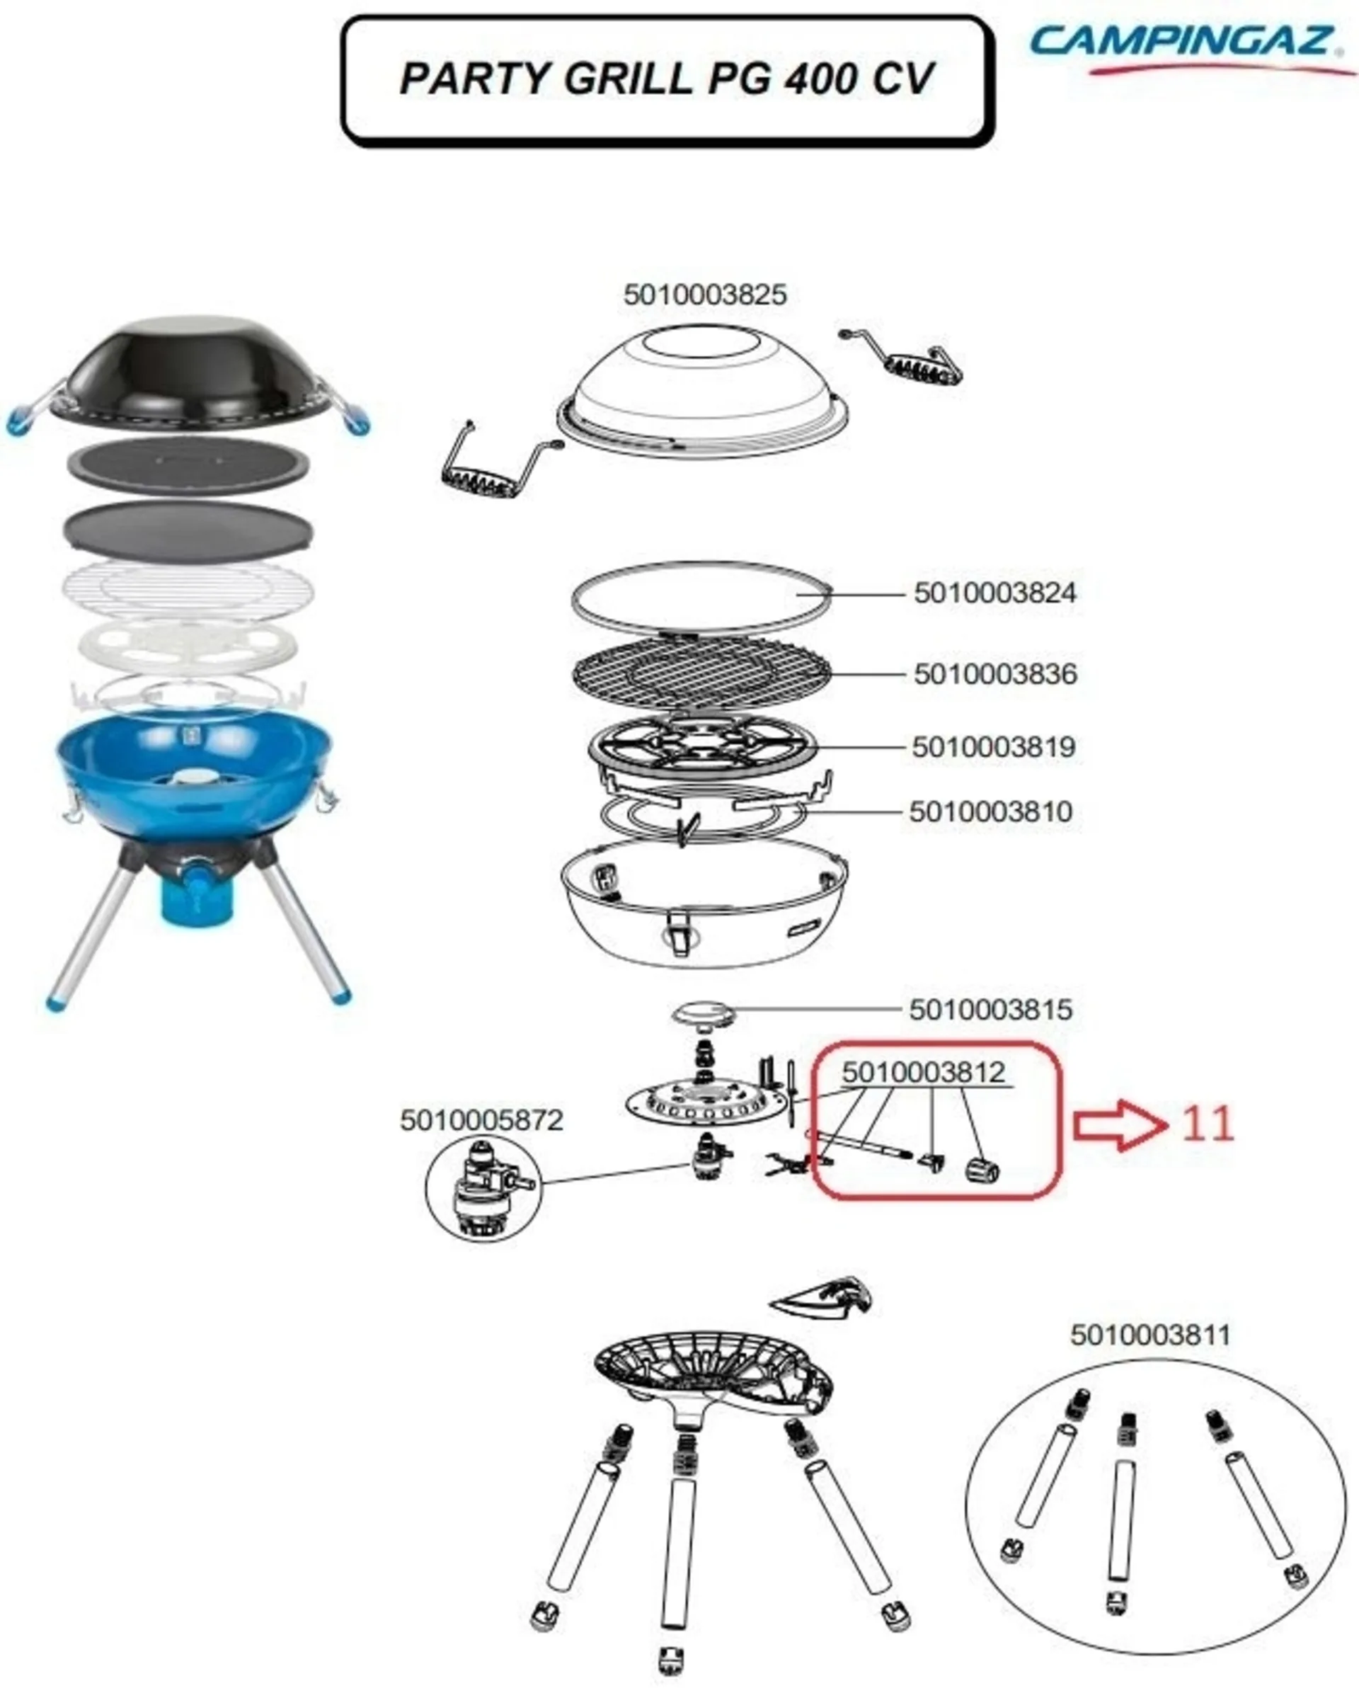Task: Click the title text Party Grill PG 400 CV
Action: pos(667,79)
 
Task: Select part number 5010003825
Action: pos(705,295)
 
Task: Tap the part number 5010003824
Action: pos(994,593)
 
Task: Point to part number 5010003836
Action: pos(994,674)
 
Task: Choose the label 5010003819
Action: pos(993,747)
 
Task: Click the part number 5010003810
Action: pos(991,812)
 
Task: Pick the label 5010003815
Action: pos(991,1010)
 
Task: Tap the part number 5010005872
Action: pos(481,1119)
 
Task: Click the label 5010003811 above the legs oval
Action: pos(1150,1334)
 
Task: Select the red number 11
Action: pos(1208,1124)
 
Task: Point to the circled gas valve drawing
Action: pos(483,1189)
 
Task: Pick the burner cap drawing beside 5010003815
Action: pos(704,1013)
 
